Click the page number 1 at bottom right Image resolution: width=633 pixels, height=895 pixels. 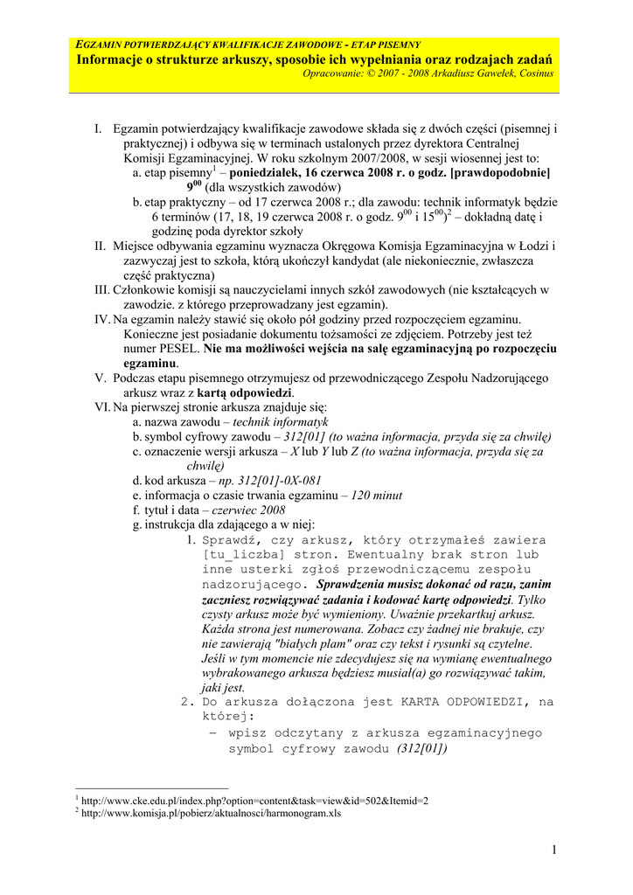[x=554, y=850]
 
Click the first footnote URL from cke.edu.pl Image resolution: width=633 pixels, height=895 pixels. [x=254, y=800]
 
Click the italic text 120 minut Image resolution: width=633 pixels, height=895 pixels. [x=377, y=495]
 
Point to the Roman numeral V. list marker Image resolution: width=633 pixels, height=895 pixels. [x=100, y=378]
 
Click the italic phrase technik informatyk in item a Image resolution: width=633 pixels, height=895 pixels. [x=281, y=422]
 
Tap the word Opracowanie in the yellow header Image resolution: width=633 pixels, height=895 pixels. [x=335, y=73]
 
